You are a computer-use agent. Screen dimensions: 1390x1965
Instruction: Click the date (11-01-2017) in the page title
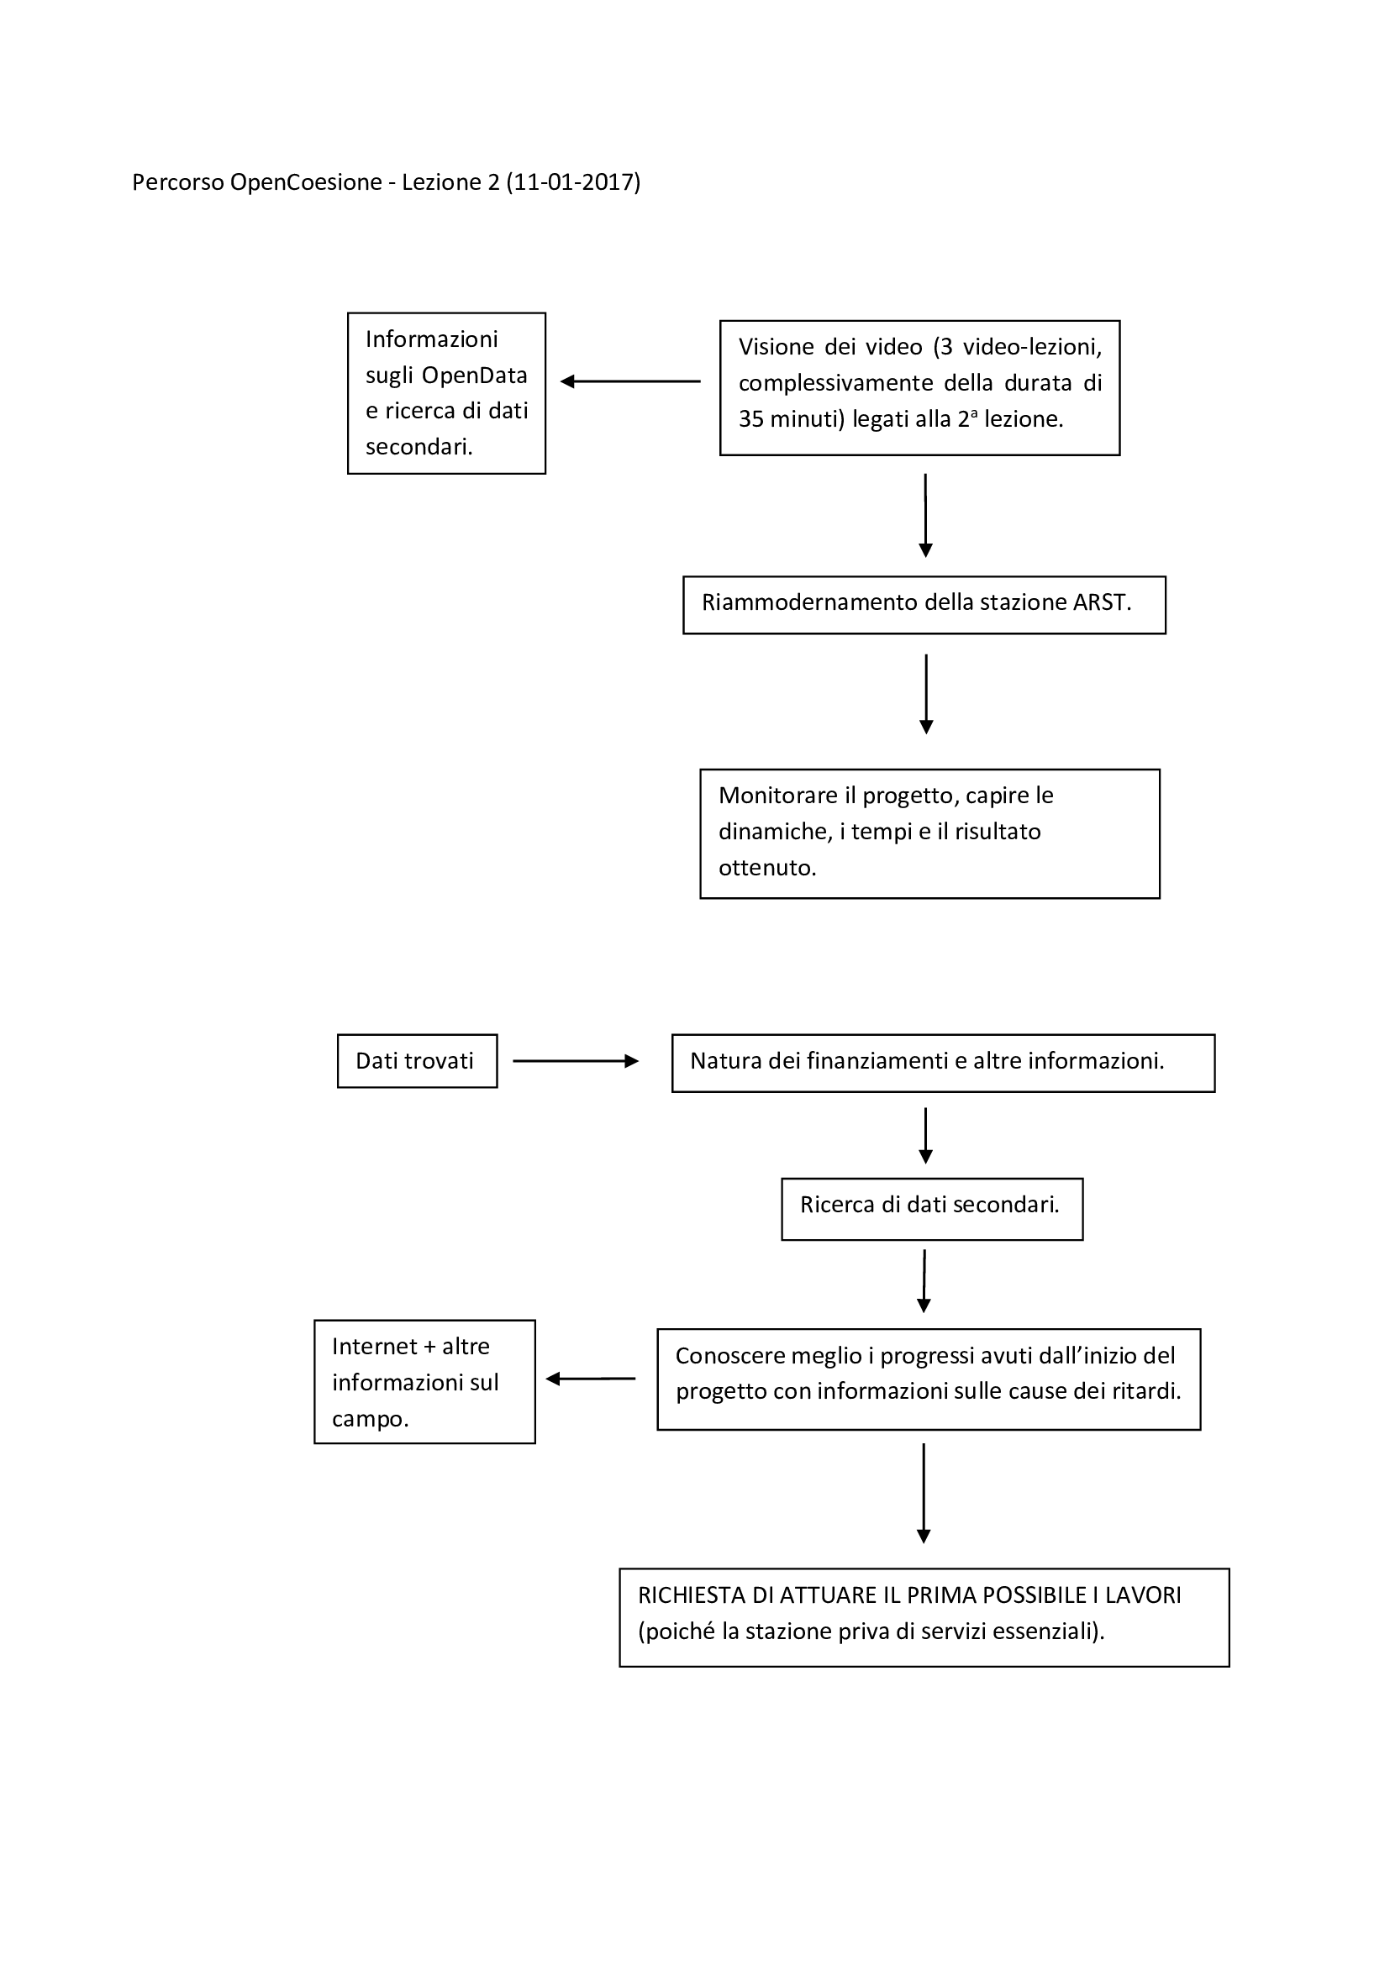pos(572,182)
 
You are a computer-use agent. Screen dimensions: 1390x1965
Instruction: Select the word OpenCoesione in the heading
pos(306,182)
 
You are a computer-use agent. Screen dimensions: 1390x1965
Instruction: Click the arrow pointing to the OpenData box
pos(631,381)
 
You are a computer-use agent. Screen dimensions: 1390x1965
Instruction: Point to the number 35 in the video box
pos(750,419)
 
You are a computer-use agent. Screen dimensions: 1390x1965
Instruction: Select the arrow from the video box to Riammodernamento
pos(925,515)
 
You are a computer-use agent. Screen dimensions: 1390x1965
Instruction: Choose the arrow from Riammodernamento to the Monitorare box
pos(926,694)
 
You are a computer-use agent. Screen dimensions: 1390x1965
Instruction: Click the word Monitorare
pos(778,796)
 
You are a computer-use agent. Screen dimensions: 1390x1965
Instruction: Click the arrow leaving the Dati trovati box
pos(576,1061)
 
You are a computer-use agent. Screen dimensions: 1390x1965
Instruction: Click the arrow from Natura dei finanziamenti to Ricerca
pos(925,1136)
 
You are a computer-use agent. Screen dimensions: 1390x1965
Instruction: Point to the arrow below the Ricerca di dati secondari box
pos(924,1281)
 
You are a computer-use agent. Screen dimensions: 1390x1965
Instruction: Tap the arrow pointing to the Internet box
pos(591,1379)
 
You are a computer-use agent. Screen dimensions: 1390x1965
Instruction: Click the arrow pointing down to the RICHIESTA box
pos(924,1494)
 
